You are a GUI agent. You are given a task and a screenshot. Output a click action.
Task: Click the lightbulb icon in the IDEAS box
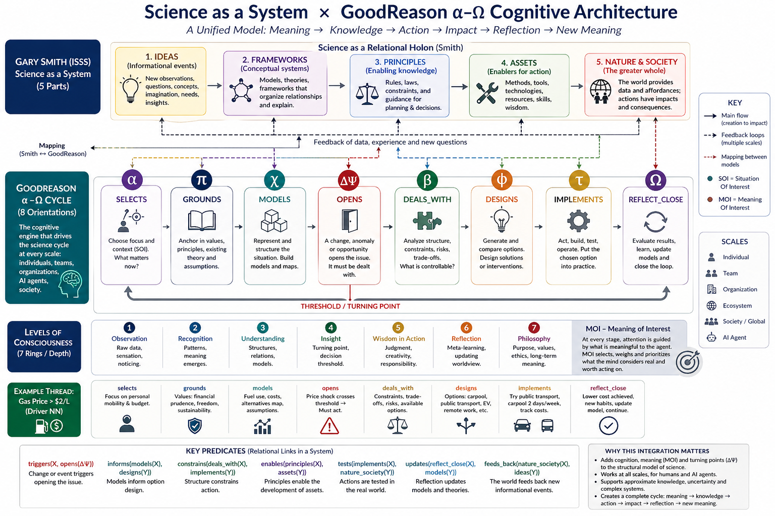pos(131,89)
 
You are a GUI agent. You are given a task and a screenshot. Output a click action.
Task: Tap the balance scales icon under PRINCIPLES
pos(367,93)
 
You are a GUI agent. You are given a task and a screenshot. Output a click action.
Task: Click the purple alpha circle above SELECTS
pos(132,180)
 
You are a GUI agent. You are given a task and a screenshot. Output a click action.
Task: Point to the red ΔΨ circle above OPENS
pos(349,180)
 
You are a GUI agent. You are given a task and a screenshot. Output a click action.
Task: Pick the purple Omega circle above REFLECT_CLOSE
pos(655,180)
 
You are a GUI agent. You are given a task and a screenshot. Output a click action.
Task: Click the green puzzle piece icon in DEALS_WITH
pos(427,220)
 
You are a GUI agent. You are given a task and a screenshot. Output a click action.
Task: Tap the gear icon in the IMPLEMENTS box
pos(578,221)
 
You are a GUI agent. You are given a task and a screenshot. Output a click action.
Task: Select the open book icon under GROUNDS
pos(202,221)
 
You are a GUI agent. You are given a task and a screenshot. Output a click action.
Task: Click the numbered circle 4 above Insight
pos(330,328)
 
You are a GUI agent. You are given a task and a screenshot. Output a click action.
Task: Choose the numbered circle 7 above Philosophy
pos(534,328)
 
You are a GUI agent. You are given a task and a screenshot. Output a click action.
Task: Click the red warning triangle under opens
pos(329,426)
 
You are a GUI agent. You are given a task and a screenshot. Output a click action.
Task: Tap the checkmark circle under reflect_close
pos(608,426)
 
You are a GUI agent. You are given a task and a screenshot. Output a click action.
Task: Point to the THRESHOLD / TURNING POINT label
pos(350,306)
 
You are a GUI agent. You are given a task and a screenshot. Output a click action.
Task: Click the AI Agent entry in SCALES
pos(734,338)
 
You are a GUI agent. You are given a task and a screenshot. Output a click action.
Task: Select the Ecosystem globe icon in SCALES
pos(711,305)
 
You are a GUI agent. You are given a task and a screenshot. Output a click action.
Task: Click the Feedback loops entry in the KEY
pos(742,135)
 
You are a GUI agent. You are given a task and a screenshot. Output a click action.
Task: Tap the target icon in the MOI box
pos(688,362)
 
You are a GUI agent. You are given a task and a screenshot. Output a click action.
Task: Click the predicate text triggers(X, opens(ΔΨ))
pos(61,464)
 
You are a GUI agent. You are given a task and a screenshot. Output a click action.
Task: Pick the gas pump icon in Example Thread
pos(41,426)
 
